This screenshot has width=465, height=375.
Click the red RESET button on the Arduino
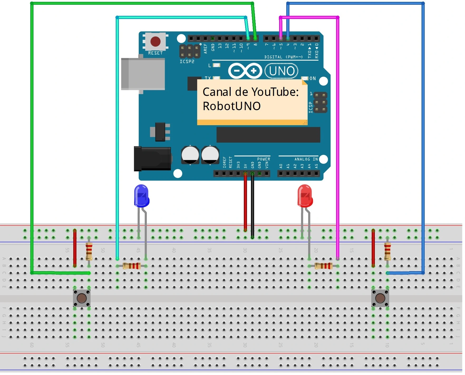point(155,41)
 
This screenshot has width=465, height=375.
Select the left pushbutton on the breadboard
point(82,298)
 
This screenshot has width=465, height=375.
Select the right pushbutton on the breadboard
point(380,298)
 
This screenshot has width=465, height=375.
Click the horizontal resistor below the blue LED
point(132,266)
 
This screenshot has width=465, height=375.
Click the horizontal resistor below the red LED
point(323,266)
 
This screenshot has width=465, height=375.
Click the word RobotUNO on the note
point(231,106)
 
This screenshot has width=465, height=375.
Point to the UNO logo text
point(282,71)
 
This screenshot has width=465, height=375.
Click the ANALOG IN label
point(306,159)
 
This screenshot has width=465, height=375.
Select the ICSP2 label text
point(187,61)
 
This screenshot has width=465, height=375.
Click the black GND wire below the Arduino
point(253,206)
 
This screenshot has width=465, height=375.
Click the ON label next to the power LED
point(313,78)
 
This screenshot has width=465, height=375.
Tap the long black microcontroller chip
point(268,135)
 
